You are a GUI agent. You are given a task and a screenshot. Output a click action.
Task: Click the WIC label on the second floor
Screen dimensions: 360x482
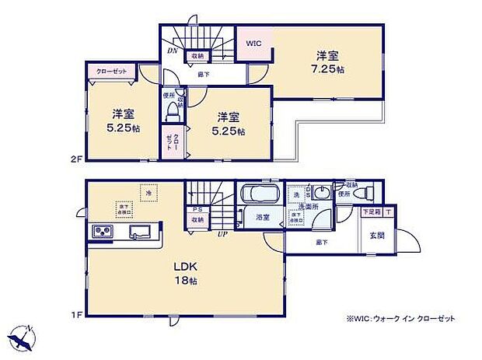[x=254, y=44]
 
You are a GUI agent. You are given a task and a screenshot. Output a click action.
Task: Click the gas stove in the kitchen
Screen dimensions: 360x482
[x=103, y=232]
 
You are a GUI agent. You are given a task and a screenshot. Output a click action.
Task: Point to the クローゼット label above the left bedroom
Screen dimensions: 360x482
[x=111, y=72]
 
